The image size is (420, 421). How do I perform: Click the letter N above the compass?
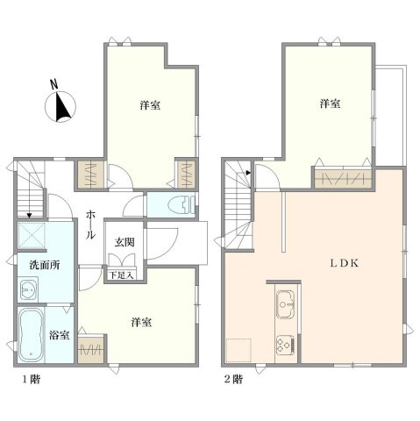click(x=53, y=84)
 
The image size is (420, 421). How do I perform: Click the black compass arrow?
click(x=62, y=107)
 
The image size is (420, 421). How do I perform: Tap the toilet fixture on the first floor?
click(x=182, y=204)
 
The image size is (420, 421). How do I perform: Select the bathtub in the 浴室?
click(x=31, y=334)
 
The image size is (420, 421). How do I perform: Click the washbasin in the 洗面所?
click(x=28, y=289)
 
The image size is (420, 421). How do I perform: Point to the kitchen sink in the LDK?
click(x=286, y=304)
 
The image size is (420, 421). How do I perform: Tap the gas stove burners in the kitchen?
click(x=285, y=345)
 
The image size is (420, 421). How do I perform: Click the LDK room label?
click(x=344, y=263)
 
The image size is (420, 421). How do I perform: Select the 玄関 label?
click(x=125, y=242)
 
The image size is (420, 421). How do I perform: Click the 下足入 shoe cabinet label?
click(x=122, y=275)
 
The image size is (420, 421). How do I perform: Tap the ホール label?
click(x=90, y=225)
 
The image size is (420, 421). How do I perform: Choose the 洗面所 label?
click(x=45, y=265)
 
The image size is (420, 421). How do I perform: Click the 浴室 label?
click(x=59, y=335)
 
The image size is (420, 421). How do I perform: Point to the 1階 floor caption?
click(x=32, y=380)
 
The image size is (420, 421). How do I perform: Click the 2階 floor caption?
click(x=233, y=380)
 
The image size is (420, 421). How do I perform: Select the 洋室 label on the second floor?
click(x=330, y=103)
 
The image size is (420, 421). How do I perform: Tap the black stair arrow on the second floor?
click(x=248, y=173)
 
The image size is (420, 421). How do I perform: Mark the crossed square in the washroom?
click(x=32, y=235)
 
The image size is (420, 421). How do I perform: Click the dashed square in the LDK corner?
click(x=238, y=350)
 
